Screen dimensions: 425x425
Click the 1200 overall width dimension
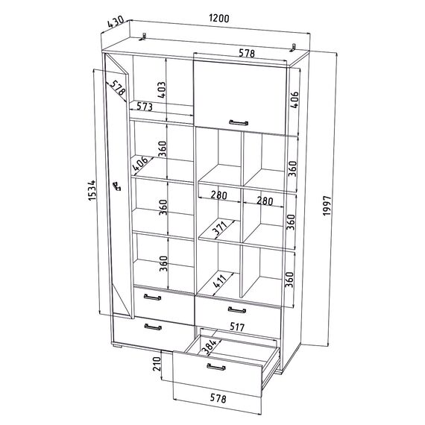tap(219, 19)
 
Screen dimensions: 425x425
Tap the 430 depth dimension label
tap(116, 22)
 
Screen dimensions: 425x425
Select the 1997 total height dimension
tap(327, 206)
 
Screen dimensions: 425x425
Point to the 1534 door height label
tap(92, 190)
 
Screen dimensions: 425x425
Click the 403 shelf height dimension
tap(161, 90)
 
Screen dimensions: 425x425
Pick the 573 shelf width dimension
tap(145, 106)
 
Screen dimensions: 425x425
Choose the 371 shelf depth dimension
tap(220, 227)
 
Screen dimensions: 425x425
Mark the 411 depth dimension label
tap(220, 281)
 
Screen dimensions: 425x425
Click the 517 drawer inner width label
tap(237, 327)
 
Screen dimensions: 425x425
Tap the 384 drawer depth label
tap(210, 347)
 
